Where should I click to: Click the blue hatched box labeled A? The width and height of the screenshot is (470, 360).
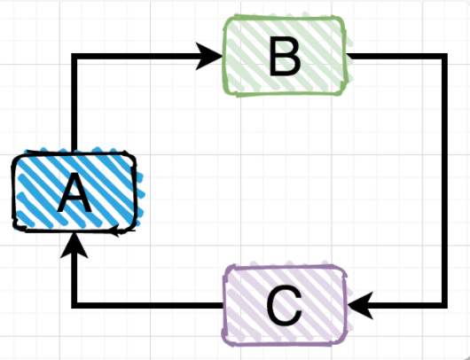tap(74, 192)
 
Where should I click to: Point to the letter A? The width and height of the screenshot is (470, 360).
tap(74, 193)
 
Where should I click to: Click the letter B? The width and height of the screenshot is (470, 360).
tap(285, 56)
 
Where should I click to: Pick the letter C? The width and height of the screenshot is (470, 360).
tap(285, 306)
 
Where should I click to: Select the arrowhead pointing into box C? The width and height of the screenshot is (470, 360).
tap(360, 305)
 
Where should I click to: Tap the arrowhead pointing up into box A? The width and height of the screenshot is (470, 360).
tap(74, 246)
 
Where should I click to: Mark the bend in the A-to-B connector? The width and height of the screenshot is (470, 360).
tap(74, 56)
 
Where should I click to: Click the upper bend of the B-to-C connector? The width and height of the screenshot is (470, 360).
tap(445, 57)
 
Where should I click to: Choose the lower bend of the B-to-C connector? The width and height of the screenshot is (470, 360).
tap(445, 305)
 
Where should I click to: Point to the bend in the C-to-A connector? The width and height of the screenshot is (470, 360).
tap(74, 305)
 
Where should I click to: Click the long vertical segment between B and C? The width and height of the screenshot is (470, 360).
tap(445, 181)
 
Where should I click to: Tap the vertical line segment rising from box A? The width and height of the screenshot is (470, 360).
tap(74, 103)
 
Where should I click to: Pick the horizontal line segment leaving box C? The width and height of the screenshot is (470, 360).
tap(148, 305)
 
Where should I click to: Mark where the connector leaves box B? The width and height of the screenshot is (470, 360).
tap(348, 57)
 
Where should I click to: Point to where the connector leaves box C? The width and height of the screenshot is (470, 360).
tap(223, 305)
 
